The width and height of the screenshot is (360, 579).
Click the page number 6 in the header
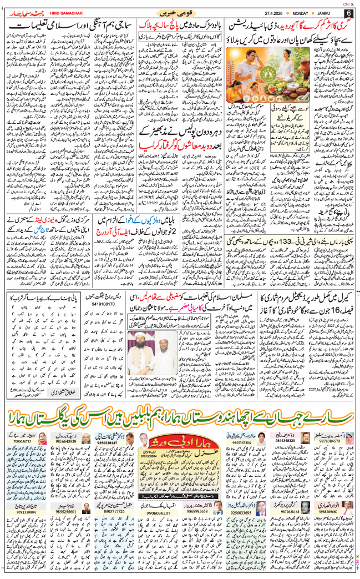tap(348, 13)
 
